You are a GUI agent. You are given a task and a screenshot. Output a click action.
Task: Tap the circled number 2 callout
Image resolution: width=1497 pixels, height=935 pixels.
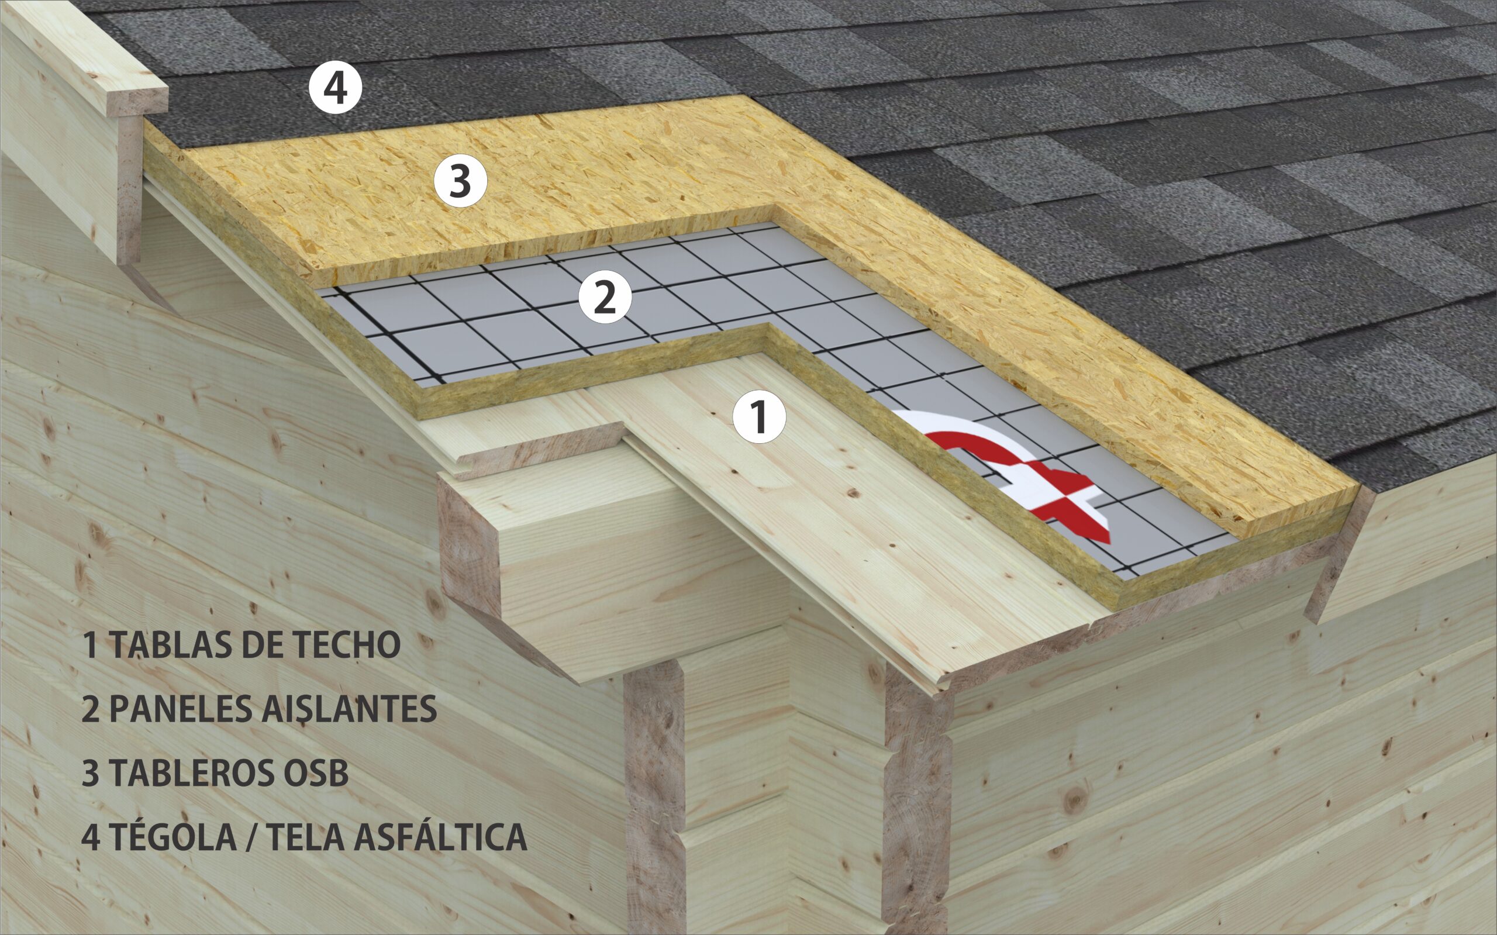(x=605, y=298)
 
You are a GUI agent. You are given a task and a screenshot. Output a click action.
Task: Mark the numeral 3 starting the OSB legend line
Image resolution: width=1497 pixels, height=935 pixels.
(x=90, y=774)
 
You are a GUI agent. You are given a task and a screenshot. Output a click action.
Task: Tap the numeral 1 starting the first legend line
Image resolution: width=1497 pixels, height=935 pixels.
(x=91, y=646)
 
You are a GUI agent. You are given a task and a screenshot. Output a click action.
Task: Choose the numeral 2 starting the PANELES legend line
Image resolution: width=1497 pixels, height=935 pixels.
(x=90, y=710)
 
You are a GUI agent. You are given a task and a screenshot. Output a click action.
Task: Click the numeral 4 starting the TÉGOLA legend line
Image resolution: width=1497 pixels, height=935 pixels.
(x=90, y=838)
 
